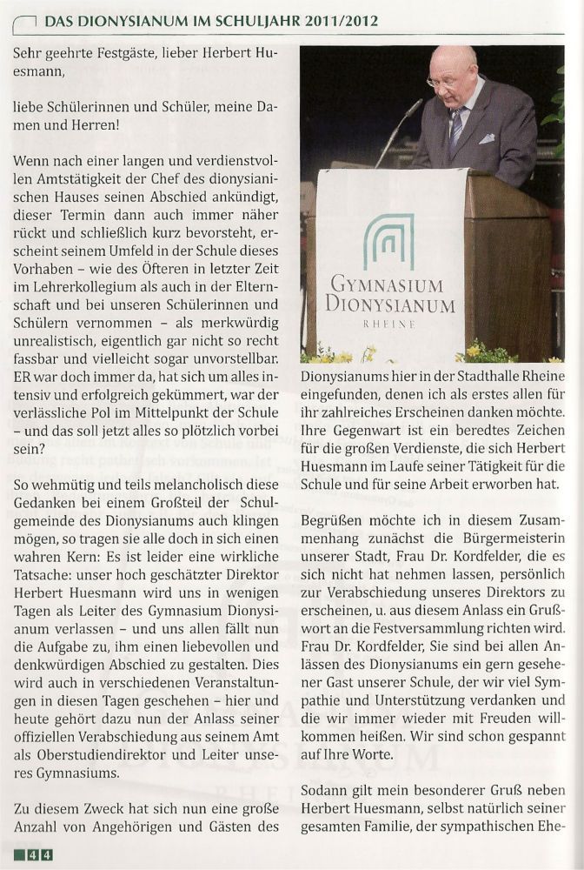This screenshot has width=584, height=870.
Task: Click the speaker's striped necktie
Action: tap(456, 126)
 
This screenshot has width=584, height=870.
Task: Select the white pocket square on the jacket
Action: tap(488, 137)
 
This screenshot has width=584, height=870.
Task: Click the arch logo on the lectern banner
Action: tap(388, 241)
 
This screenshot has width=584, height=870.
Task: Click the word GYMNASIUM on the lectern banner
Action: tap(387, 285)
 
